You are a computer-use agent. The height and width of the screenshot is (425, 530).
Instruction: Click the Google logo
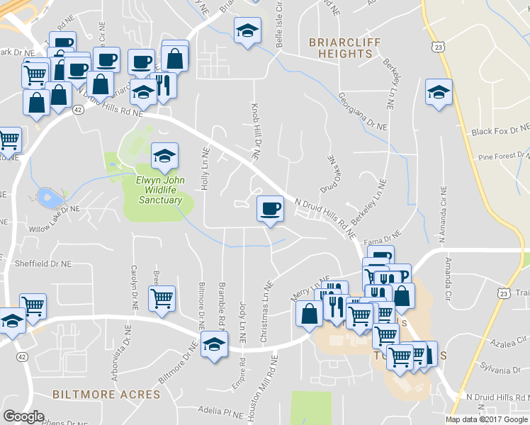tap(23, 416)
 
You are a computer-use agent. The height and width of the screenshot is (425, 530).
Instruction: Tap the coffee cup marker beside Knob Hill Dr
tap(269, 209)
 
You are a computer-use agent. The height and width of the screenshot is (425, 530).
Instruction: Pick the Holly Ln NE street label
tap(205, 171)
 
